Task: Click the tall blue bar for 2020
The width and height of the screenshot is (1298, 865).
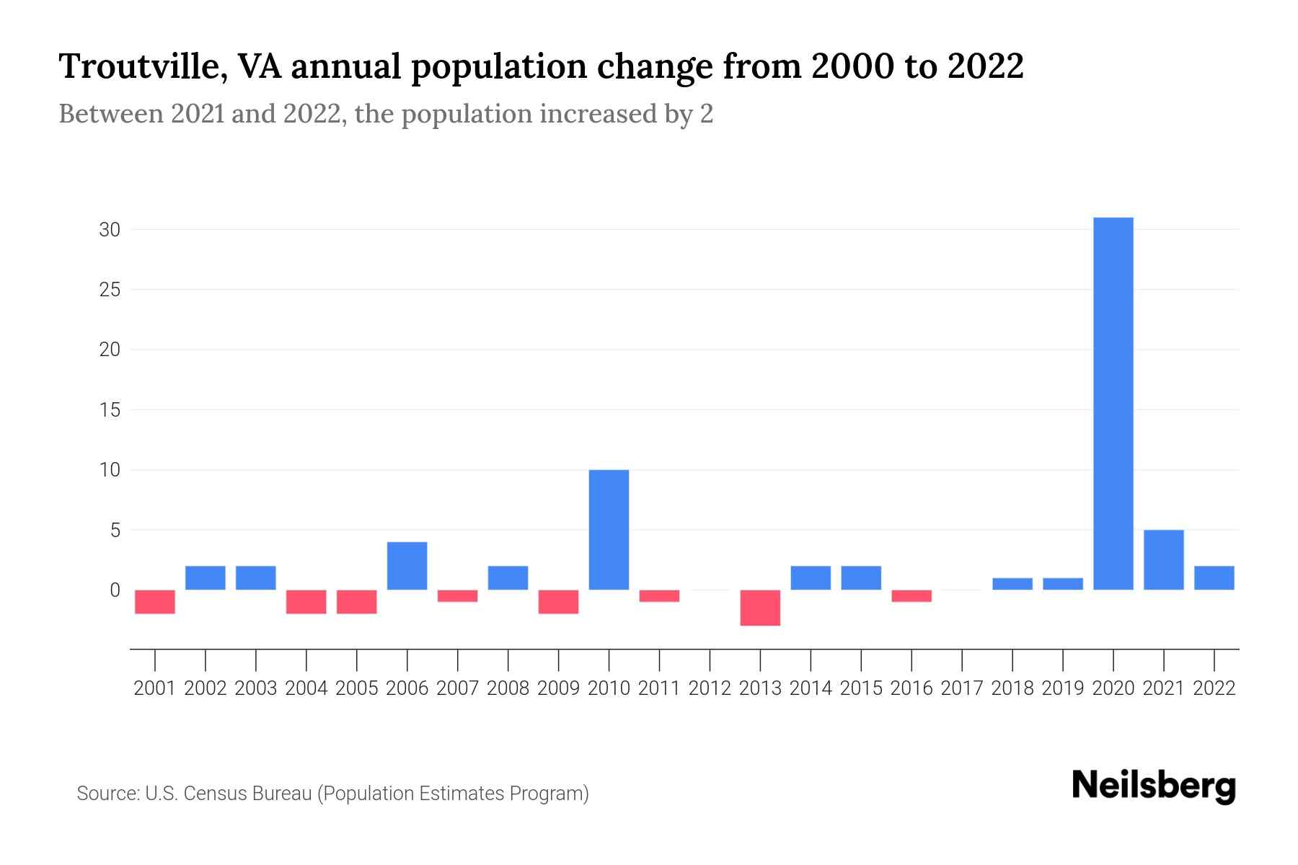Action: [1113, 404]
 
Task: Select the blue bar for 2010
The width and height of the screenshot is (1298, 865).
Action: [609, 530]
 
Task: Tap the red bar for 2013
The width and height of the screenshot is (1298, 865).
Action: [760, 608]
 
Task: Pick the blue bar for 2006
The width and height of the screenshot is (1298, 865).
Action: [407, 566]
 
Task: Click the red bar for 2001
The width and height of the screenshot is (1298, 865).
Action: [155, 602]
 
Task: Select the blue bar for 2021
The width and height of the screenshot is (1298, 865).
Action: [1164, 560]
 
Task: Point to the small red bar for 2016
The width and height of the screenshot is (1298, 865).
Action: [911, 595]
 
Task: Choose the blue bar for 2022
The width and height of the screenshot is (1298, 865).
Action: [1214, 578]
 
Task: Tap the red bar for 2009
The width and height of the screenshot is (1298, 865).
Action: [558, 602]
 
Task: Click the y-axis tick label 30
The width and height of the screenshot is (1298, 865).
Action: [110, 230]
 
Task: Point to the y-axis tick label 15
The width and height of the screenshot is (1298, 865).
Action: [110, 410]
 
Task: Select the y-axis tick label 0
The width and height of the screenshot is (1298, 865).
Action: [115, 590]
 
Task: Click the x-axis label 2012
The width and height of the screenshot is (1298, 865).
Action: [710, 688]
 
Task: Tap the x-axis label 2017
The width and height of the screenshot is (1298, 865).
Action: [962, 688]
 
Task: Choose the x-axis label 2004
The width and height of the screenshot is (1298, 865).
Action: [306, 688]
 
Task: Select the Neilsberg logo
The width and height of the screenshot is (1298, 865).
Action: [1154, 786]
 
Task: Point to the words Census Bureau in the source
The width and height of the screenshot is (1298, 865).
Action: [247, 794]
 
